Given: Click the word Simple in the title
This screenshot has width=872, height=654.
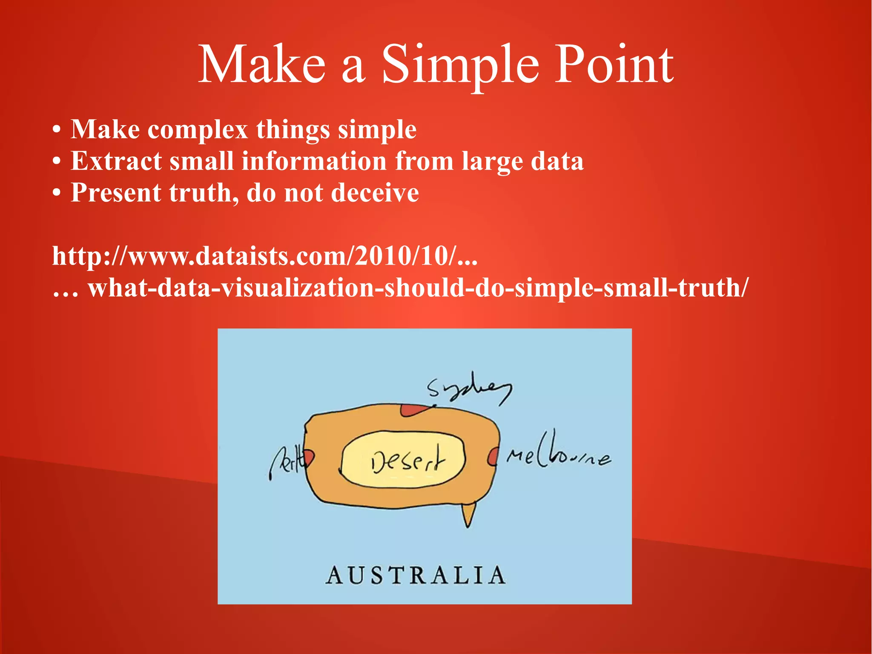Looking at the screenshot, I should pos(460,65).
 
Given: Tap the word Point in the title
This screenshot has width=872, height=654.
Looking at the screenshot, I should pos(613,65).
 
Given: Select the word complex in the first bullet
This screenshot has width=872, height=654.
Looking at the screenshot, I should pos(198,129).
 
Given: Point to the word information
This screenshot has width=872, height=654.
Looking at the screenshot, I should pos(314,161).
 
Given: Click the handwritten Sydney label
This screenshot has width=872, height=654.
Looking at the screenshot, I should pos(468,390).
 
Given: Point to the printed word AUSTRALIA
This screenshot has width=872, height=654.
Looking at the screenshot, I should pos(416,575).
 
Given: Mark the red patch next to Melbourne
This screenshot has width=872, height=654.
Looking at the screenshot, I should pos(493,457).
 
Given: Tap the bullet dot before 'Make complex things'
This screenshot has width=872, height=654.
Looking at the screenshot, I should pos(57,130).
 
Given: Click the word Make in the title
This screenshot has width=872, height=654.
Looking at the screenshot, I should pos(262,65).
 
